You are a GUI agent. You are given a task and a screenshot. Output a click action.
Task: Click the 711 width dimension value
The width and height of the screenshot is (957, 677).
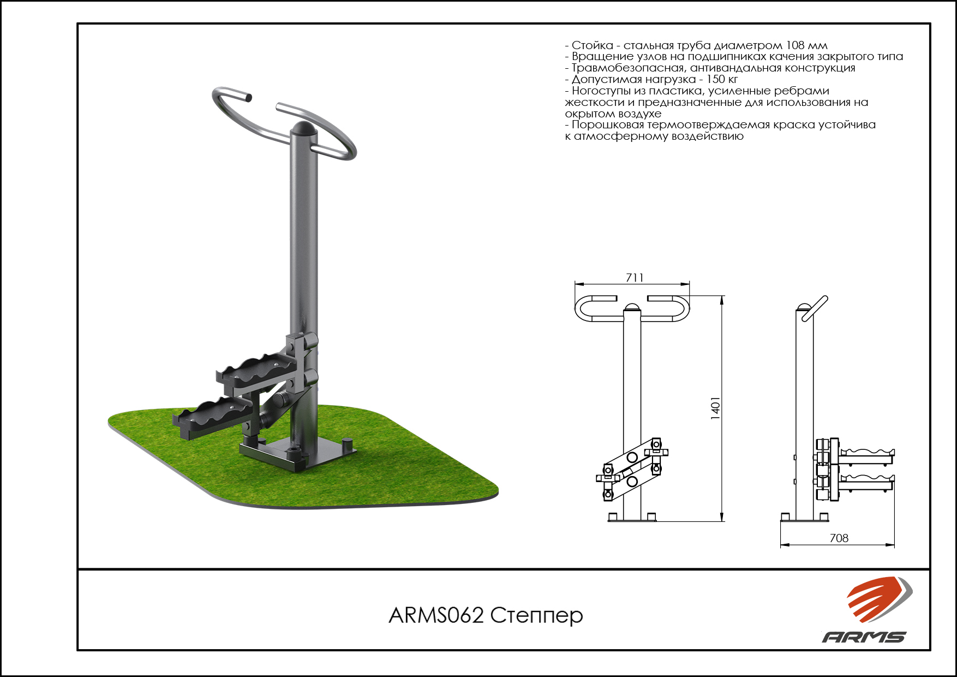(635, 277)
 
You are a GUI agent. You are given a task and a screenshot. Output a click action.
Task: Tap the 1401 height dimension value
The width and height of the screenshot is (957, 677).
(715, 408)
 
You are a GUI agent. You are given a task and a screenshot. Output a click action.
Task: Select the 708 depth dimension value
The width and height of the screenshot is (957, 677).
(839, 538)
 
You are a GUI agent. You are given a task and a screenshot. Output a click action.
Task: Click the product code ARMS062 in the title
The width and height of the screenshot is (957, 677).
(436, 615)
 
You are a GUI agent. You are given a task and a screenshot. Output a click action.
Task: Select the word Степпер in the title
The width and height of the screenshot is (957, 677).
(536, 616)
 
